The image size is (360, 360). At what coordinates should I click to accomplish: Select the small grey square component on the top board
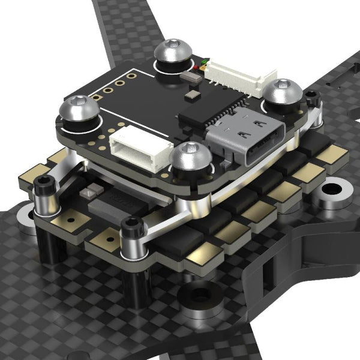(x=191, y=94)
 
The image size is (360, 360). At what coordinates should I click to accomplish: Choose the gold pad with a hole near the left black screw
(x=65, y=221)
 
